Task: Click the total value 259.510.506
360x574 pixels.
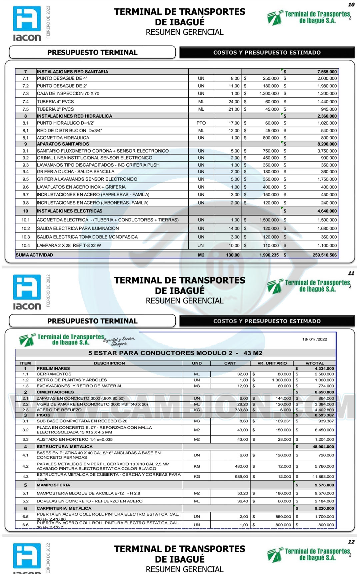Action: point(324,255)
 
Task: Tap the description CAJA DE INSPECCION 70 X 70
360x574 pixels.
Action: point(68,94)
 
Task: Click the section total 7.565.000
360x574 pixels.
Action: point(327,72)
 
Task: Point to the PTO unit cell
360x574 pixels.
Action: point(201,123)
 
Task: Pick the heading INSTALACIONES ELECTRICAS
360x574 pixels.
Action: point(69,211)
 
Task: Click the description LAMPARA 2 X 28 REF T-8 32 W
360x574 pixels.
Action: point(69,246)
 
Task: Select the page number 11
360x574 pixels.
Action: point(351,273)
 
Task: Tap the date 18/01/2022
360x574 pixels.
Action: point(314,339)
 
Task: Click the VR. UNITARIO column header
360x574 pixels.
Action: point(272,363)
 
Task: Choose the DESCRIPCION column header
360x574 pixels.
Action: point(109,363)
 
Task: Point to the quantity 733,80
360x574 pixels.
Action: point(241,410)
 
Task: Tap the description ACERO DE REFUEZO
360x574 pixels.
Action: point(59,410)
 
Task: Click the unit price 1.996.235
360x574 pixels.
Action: point(269,255)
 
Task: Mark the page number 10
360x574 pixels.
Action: point(351,5)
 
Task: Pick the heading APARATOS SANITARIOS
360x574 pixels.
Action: point(63,144)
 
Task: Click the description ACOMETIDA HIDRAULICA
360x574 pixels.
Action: point(63,138)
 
